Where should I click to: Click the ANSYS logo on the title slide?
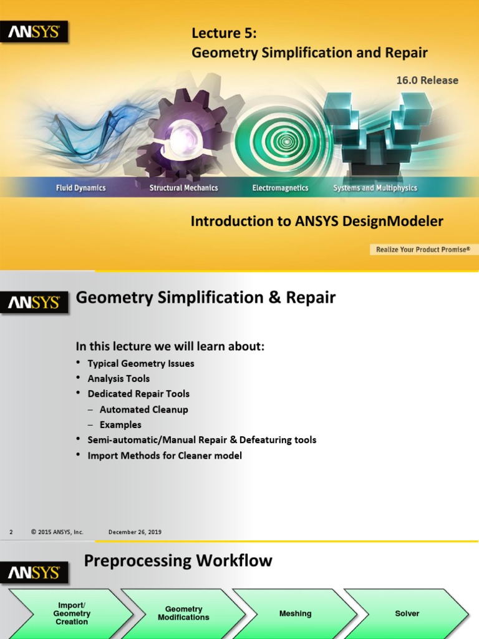point(34,32)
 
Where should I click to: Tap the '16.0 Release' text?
point(427,80)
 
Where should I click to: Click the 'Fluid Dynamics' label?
point(81,188)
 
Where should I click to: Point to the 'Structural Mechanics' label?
point(183,188)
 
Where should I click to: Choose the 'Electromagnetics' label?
point(280,188)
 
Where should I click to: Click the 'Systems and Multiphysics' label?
point(375,188)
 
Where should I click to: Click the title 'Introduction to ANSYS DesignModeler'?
point(317,222)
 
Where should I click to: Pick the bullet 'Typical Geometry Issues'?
point(141,363)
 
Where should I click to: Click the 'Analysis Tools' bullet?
point(119,378)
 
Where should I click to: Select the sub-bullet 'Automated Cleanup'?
point(143,409)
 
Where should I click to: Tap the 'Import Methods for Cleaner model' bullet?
point(165,456)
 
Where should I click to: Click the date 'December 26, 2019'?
point(135,532)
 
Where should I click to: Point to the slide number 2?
point(11,532)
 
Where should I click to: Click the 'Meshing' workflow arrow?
point(295,613)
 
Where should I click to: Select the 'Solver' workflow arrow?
point(407,613)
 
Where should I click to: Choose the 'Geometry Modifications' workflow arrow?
point(183,613)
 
